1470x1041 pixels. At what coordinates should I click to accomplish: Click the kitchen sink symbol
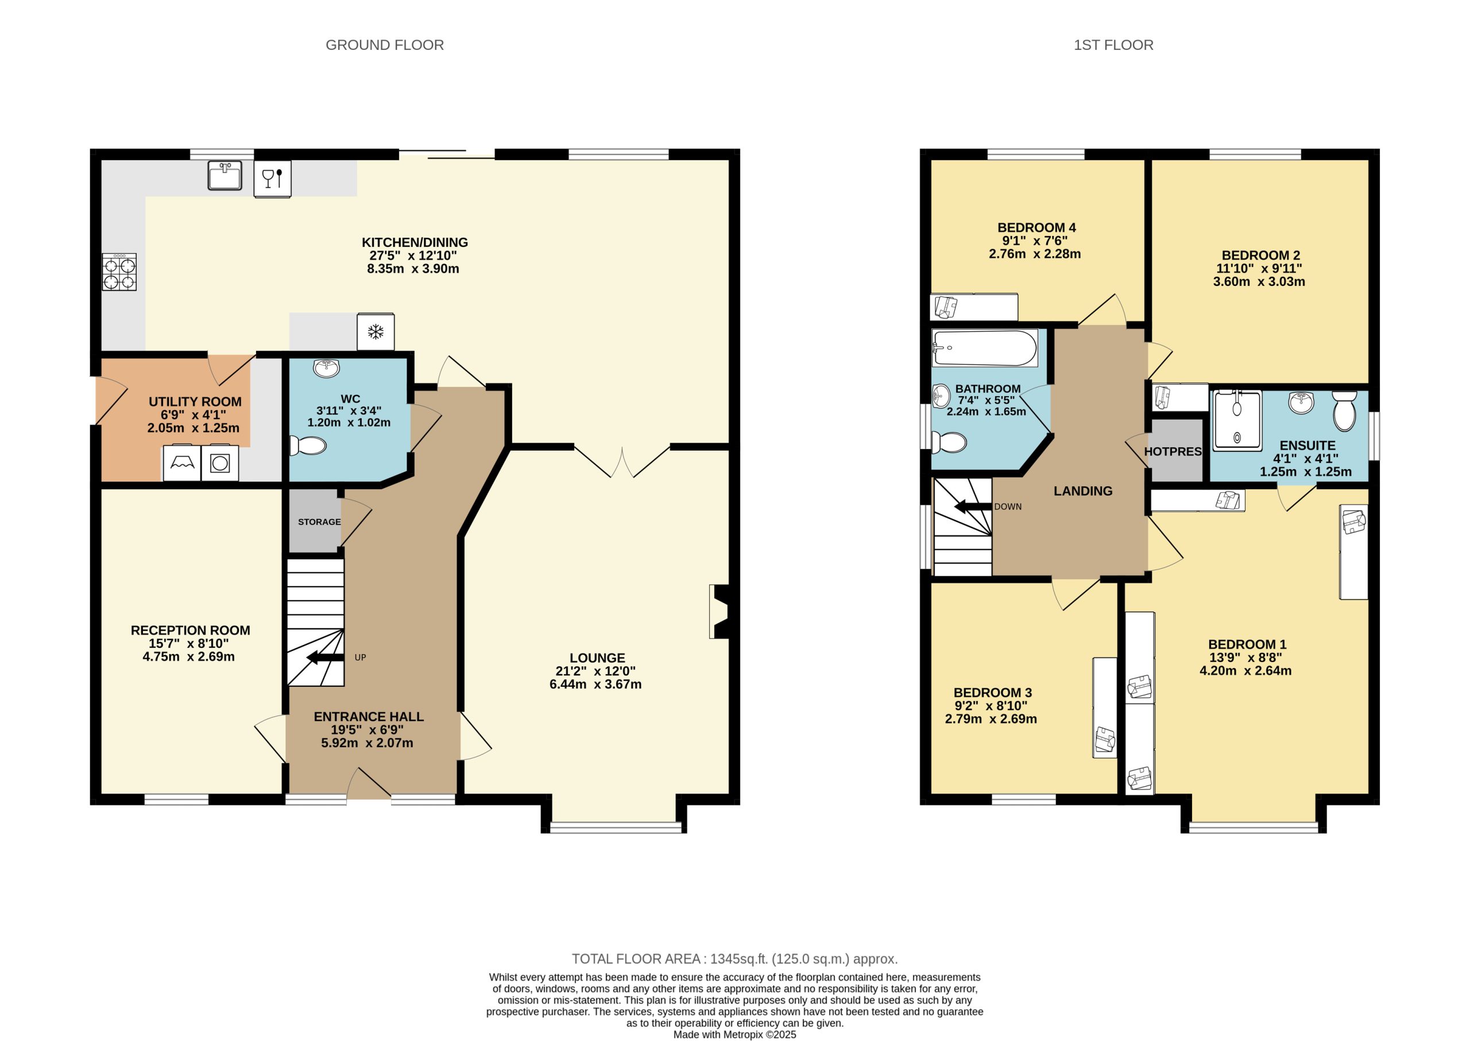pyautogui.click(x=225, y=176)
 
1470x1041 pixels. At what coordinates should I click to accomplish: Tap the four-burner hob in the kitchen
pyautogui.click(x=119, y=272)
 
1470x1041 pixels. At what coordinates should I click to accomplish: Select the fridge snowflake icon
pyautogui.click(x=375, y=331)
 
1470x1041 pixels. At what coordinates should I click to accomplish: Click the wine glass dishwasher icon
pyautogui.click(x=272, y=178)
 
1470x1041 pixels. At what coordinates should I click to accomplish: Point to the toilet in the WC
pyautogui.click(x=308, y=446)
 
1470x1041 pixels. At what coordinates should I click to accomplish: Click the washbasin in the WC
pyautogui.click(x=326, y=368)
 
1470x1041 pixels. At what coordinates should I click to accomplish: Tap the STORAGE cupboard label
pyautogui.click(x=319, y=522)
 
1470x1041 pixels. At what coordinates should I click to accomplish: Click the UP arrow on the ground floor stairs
pyautogui.click(x=326, y=657)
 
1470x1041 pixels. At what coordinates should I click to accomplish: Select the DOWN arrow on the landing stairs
pyautogui.click(x=973, y=507)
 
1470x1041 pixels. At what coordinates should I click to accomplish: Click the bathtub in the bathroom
pyautogui.click(x=985, y=348)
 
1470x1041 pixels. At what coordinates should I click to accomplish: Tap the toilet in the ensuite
pyautogui.click(x=1344, y=412)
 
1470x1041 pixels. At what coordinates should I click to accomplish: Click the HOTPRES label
pyautogui.click(x=1173, y=451)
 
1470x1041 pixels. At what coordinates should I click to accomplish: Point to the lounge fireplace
pyautogui.click(x=721, y=611)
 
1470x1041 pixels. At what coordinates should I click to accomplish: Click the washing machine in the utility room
pyautogui.click(x=220, y=463)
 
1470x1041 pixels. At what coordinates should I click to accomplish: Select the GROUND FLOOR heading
pyautogui.click(x=385, y=45)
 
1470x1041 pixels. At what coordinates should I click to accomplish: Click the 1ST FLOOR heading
pyautogui.click(x=1113, y=45)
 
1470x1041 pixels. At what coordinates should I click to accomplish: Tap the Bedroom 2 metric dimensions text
pyautogui.click(x=1259, y=281)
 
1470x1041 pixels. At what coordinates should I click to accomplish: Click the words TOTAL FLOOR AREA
pyautogui.click(x=636, y=959)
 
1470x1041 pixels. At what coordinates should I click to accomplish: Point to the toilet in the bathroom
pyautogui.click(x=949, y=442)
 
